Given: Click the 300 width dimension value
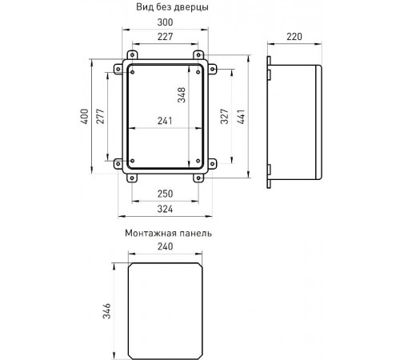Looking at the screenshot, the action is [x=165, y=22].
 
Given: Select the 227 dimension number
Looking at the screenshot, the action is [x=165, y=37].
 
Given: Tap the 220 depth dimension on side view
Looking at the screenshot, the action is [x=294, y=37].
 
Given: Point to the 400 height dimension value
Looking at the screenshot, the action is [x=85, y=116].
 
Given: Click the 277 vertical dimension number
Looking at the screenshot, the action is [x=100, y=116].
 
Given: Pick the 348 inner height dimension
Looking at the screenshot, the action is [x=182, y=95].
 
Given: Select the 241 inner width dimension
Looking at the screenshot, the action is [x=165, y=121].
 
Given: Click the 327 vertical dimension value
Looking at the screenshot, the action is [x=225, y=116].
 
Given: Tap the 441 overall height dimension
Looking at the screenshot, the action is [x=241, y=116].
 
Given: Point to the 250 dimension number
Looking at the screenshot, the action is [x=165, y=194].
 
